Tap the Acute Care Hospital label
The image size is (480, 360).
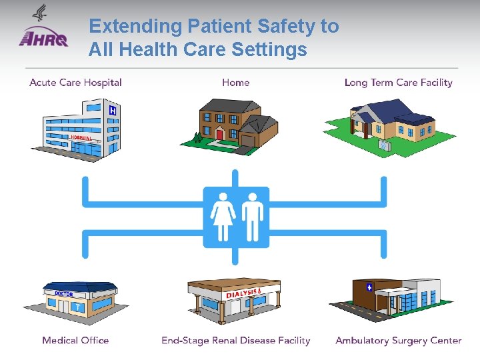75,83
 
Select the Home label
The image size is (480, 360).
235,83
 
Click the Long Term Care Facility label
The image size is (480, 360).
398,83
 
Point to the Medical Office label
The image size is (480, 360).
75,340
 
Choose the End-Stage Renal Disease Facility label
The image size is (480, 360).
235,340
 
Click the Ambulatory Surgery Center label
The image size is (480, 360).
398,340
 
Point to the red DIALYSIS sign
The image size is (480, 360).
242,293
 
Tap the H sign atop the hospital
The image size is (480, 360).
113,111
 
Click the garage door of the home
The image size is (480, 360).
248,141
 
